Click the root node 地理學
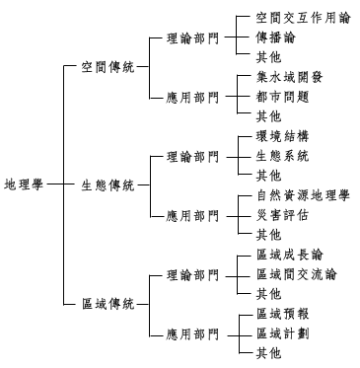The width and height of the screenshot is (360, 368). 24,184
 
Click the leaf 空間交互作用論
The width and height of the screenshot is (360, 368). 295,17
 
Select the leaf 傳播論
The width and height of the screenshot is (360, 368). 275,37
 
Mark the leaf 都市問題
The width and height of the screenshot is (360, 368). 282,96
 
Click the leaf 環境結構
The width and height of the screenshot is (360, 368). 282,136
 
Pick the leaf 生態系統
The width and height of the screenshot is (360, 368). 282,155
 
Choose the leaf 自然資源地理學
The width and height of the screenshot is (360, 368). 302,195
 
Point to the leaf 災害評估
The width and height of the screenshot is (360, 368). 282,214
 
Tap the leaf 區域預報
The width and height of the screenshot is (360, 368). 282,314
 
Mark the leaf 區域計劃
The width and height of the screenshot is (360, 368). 282,332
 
